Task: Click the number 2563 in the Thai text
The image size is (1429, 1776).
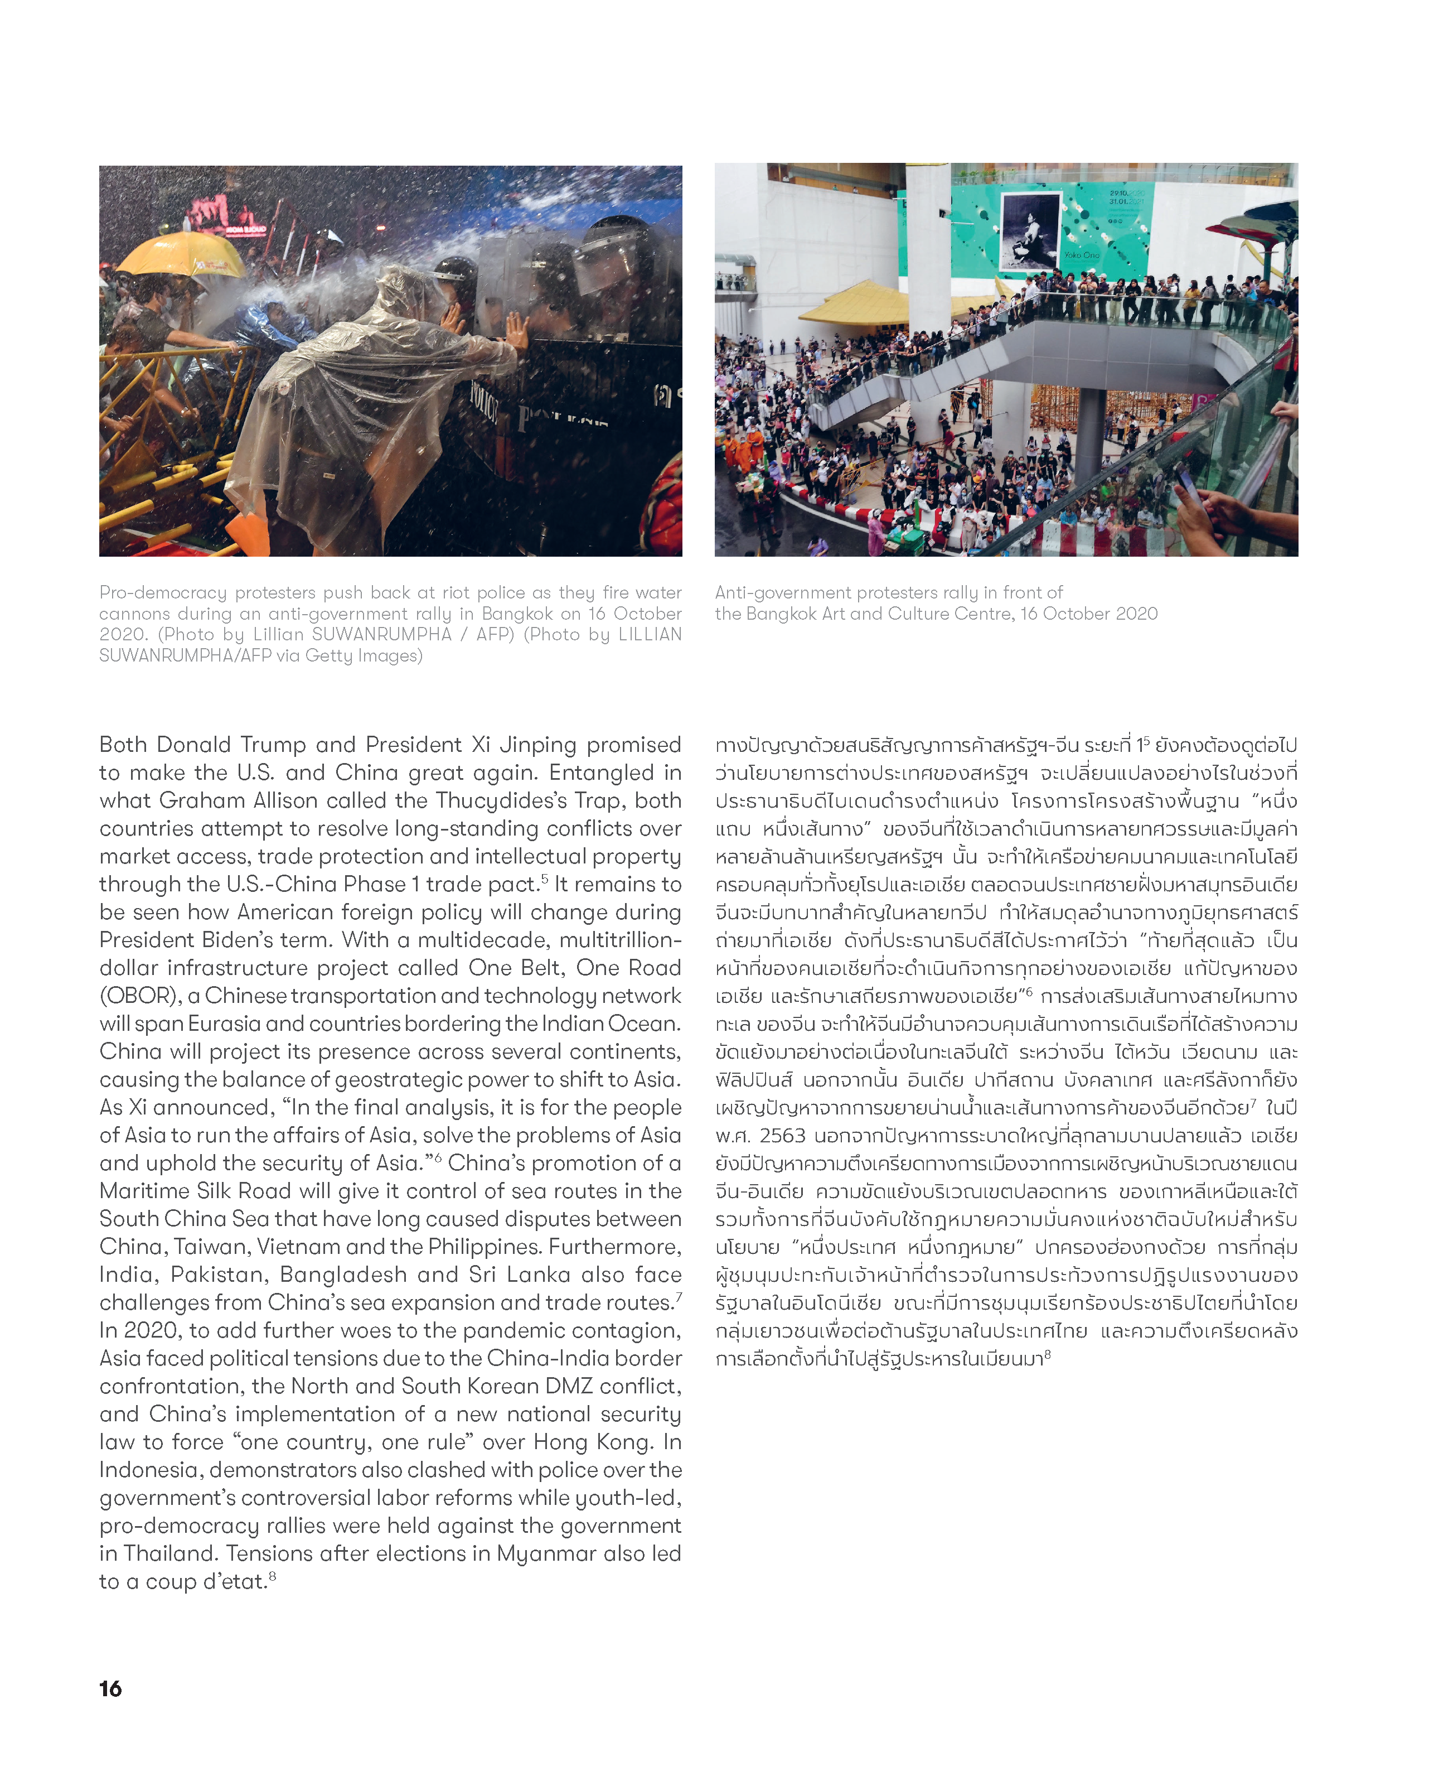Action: pos(782,1136)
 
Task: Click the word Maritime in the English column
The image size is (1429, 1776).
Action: pos(142,1191)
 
